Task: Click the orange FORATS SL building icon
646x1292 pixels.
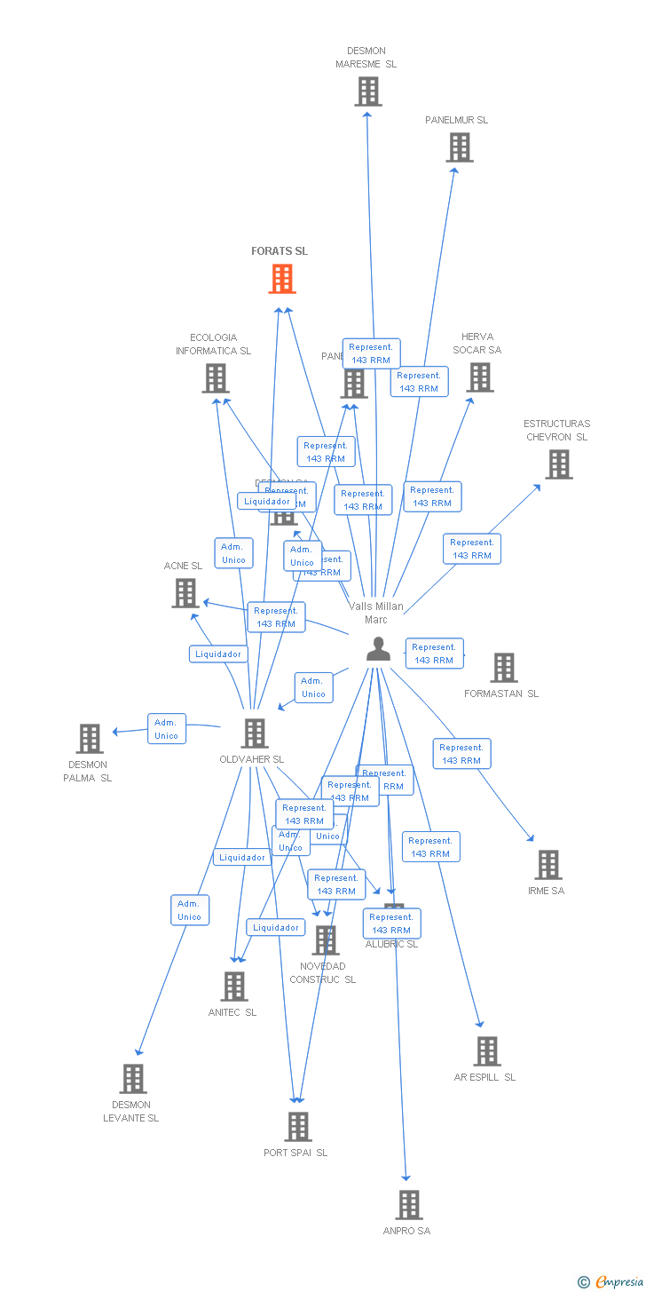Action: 282,279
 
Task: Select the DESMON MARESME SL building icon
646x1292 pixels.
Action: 367,91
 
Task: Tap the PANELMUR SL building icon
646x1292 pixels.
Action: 459,147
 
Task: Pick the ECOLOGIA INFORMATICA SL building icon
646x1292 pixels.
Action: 215,378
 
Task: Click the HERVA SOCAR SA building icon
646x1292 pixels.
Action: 479,377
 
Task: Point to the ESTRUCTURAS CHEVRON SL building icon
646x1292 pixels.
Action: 558,464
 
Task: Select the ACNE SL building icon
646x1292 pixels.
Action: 185,593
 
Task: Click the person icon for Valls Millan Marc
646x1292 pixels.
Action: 378,649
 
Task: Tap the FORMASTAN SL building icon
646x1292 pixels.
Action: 503,668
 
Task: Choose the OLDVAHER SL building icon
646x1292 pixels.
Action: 254,733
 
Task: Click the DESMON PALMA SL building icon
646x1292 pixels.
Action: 89,739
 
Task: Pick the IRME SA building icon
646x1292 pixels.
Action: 548,865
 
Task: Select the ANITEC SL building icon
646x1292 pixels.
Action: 233,987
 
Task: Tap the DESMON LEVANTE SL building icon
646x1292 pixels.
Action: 132,1079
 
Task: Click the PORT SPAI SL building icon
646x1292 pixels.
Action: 297,1127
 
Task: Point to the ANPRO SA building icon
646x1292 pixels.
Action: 408,1205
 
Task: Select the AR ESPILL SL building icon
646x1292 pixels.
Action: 486,1051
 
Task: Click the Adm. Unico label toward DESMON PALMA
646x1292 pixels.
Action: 166,729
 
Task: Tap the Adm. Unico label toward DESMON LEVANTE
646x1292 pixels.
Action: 190,910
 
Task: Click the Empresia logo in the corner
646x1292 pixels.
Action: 611,1281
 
